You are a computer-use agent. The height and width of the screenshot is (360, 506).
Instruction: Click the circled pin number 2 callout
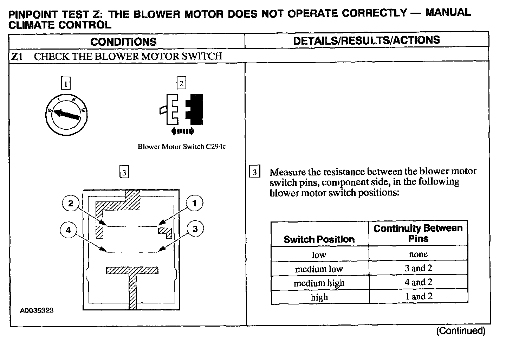[x=71, y=203]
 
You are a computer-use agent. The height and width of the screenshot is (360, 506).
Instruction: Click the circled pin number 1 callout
[x=194, y=203]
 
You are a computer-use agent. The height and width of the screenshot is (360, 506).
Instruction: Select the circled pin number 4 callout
[x=68, y=230]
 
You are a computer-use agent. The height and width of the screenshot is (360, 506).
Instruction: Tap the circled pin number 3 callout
[x=195, y=229]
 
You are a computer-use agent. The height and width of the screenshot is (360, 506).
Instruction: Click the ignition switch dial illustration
[x=66, y=115]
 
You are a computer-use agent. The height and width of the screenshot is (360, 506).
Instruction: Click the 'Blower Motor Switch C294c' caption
[x=182, y=147]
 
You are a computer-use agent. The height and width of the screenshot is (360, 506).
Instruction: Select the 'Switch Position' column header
[x=319, y=239]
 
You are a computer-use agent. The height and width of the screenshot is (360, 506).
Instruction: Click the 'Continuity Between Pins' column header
[x=418, y=233]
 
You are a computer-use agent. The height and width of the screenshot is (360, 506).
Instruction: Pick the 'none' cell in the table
[x=418, y=254]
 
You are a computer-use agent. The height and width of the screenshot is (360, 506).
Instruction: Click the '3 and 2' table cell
[x=418, y=268]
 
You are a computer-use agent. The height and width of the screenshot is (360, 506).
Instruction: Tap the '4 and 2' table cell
[x=418, y=282]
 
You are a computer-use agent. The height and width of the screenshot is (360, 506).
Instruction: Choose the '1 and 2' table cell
[x=418, y=296]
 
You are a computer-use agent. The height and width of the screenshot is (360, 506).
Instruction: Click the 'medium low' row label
[x=319, y=269]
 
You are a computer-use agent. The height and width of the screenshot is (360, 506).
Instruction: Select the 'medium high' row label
[x=319, y=283]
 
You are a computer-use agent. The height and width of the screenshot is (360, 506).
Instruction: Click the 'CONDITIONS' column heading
[x=123, y=42]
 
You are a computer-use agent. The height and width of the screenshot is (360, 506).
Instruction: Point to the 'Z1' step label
[x=17, y=57]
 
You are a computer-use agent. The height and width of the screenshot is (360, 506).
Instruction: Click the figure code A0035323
[x=37, y=310]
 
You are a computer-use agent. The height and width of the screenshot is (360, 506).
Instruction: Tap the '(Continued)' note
[x=461, y=331]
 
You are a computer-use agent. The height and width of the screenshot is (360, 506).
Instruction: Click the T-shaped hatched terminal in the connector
[x=132, y=281]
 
